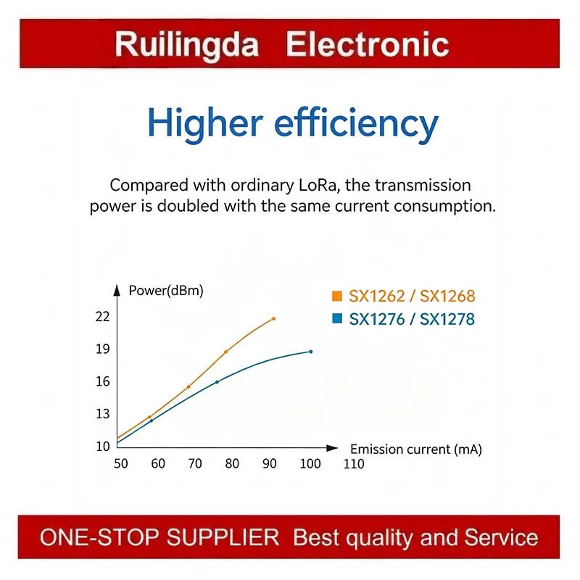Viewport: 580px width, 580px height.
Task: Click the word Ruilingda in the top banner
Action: [x=187, y=46]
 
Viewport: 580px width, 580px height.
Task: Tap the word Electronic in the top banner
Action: [x=368, y=44]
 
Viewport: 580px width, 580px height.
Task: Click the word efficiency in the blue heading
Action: [x=356, y=124]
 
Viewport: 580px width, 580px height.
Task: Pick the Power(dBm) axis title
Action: [x=166, y=291]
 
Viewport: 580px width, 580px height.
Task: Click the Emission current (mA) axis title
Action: [x=416, y=449]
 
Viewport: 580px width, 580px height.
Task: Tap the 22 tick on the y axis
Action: [x=102, y=317]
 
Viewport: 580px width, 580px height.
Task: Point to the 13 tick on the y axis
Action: [x=102, y=414]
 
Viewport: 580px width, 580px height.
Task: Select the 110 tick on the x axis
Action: [x=354, y=464]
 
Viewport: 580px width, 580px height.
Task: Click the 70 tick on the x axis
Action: [x=195, y=464]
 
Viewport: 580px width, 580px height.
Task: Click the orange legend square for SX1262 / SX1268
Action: [x=337, y=297]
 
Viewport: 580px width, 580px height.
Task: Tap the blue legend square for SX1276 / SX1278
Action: [x=337, y=318]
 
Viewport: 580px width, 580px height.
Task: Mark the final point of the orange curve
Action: [x=274, y=318]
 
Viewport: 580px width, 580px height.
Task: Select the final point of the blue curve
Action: [x=311, y=352]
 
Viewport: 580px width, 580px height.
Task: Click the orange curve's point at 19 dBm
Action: [x=225, y=352]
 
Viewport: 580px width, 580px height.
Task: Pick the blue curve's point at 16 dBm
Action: [x=217, y=382]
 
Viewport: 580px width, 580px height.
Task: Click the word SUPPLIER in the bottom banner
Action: [x=223, y=537]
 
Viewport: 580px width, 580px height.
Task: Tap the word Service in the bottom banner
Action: [x=501, y=537]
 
